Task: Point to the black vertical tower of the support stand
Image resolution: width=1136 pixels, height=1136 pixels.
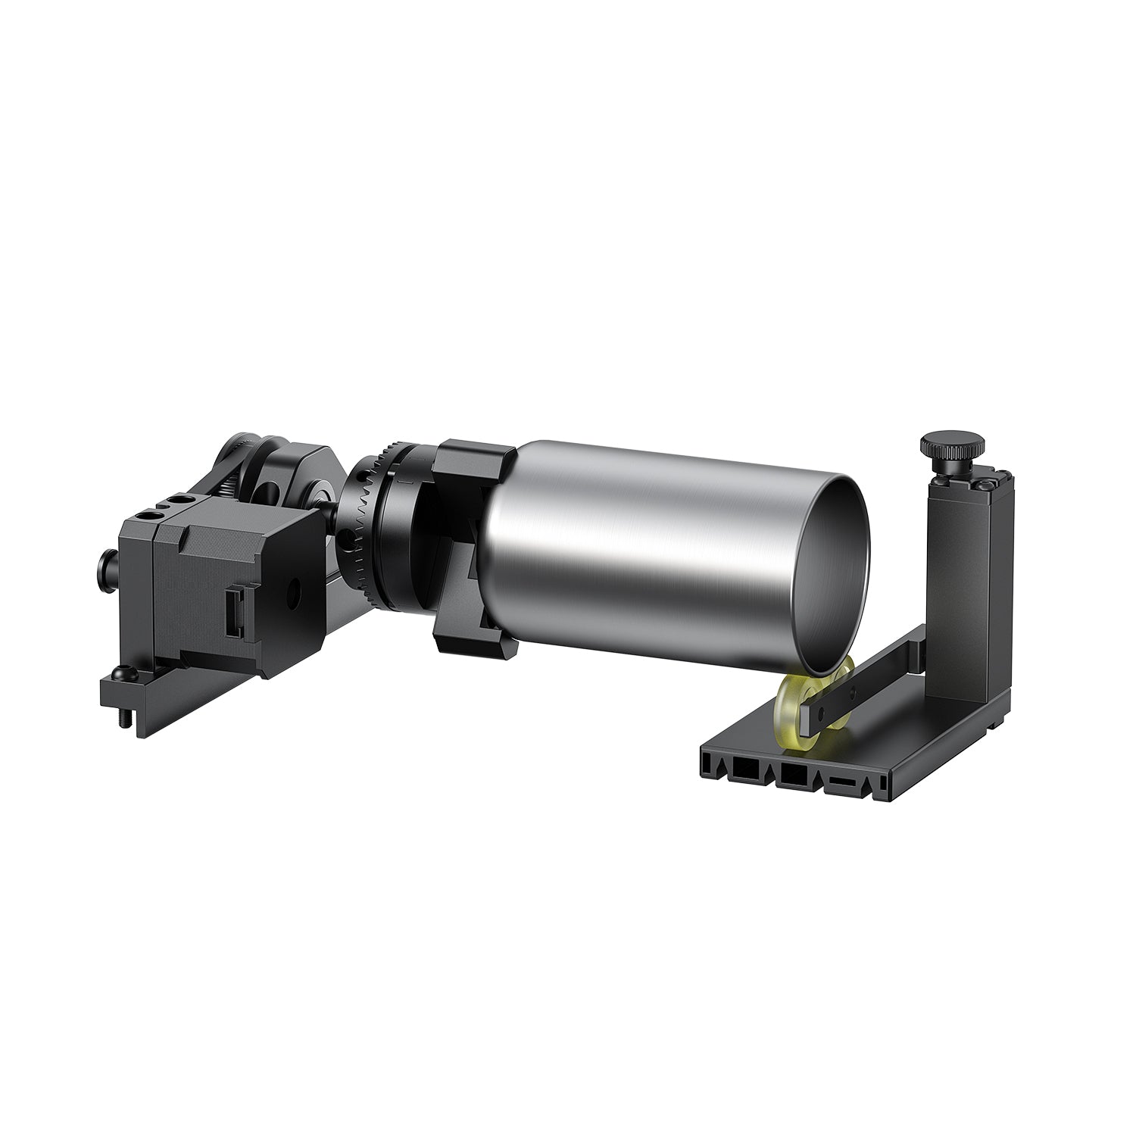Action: click(x=958, y=576)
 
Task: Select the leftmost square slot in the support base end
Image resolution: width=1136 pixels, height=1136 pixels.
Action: click(x=740, y=770)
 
